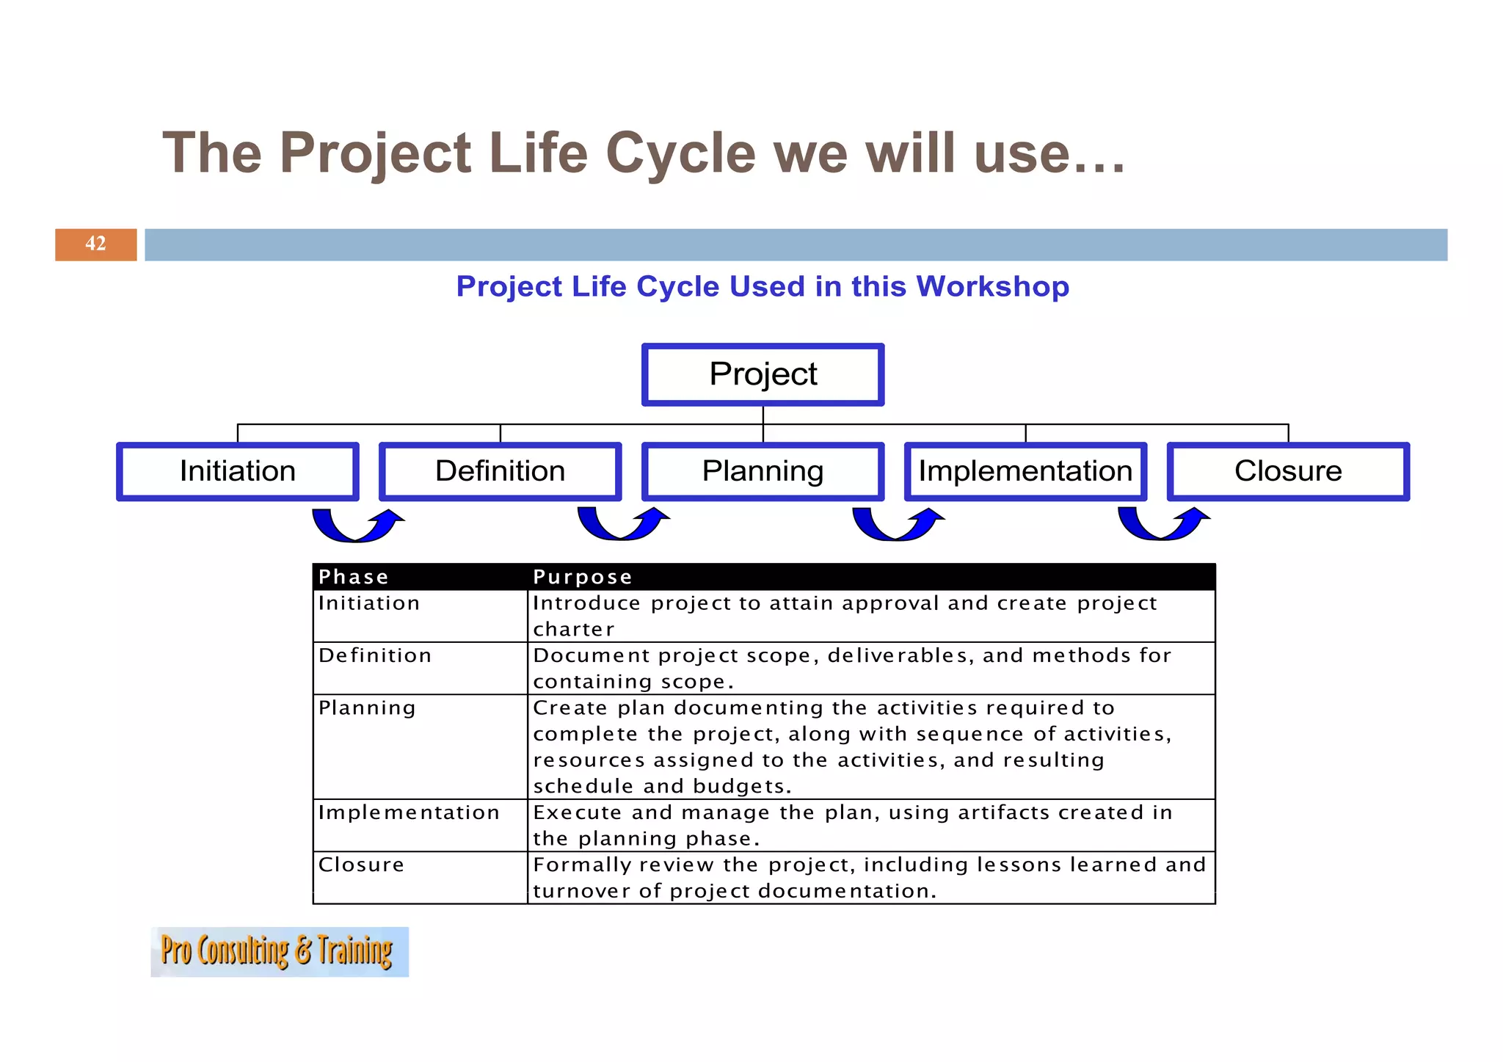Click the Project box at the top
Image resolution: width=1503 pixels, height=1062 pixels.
tap(763, 374)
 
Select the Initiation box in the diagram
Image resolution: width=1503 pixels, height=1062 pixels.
tap(238, 471)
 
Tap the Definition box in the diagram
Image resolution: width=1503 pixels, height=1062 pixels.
tap(500, 471)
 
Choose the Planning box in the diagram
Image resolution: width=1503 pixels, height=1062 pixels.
tap(763, 471)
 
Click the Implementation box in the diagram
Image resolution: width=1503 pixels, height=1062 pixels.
tap(1025, 471)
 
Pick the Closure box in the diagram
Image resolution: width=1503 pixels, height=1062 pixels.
tap(1288, 471)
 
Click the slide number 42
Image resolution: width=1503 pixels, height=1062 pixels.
tap(95, 244)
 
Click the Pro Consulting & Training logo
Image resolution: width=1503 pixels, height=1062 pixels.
tap(279, 952)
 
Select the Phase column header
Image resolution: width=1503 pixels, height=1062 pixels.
tap(353, 577)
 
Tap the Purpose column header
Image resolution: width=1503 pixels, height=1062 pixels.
tap(582, 577)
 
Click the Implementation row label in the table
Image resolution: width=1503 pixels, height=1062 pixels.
tap(408, 812)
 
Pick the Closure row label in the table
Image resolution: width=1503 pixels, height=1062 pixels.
tap(361, 865)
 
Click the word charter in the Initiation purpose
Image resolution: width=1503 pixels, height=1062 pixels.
tap(573, 630)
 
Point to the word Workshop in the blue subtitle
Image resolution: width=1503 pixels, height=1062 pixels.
tap(992, 286)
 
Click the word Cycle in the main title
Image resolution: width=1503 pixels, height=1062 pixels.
tap(680, 153)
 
